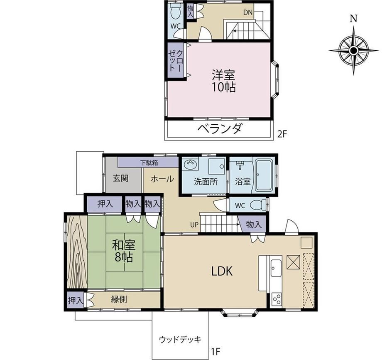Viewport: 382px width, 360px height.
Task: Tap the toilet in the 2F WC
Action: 175,10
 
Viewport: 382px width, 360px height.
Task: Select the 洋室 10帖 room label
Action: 223,81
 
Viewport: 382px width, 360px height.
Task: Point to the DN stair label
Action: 248,12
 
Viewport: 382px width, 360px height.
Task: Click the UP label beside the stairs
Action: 194,225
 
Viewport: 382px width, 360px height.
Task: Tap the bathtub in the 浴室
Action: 264,176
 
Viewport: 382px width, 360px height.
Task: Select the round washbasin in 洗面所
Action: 191,164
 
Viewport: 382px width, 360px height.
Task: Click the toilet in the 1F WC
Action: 258,205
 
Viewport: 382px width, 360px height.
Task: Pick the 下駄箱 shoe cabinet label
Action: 149,162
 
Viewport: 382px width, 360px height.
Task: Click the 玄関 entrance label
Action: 120,178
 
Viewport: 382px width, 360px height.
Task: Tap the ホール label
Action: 162,179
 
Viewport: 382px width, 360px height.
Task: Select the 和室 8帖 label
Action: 123,251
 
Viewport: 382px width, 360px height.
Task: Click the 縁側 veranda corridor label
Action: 119,299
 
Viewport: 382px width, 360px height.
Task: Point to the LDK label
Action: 222,271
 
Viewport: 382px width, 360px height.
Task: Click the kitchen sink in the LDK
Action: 276,268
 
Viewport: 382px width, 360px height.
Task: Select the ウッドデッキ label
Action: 180,339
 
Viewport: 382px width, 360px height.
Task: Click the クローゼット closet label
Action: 175,61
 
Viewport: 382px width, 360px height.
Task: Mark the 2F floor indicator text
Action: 283,134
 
